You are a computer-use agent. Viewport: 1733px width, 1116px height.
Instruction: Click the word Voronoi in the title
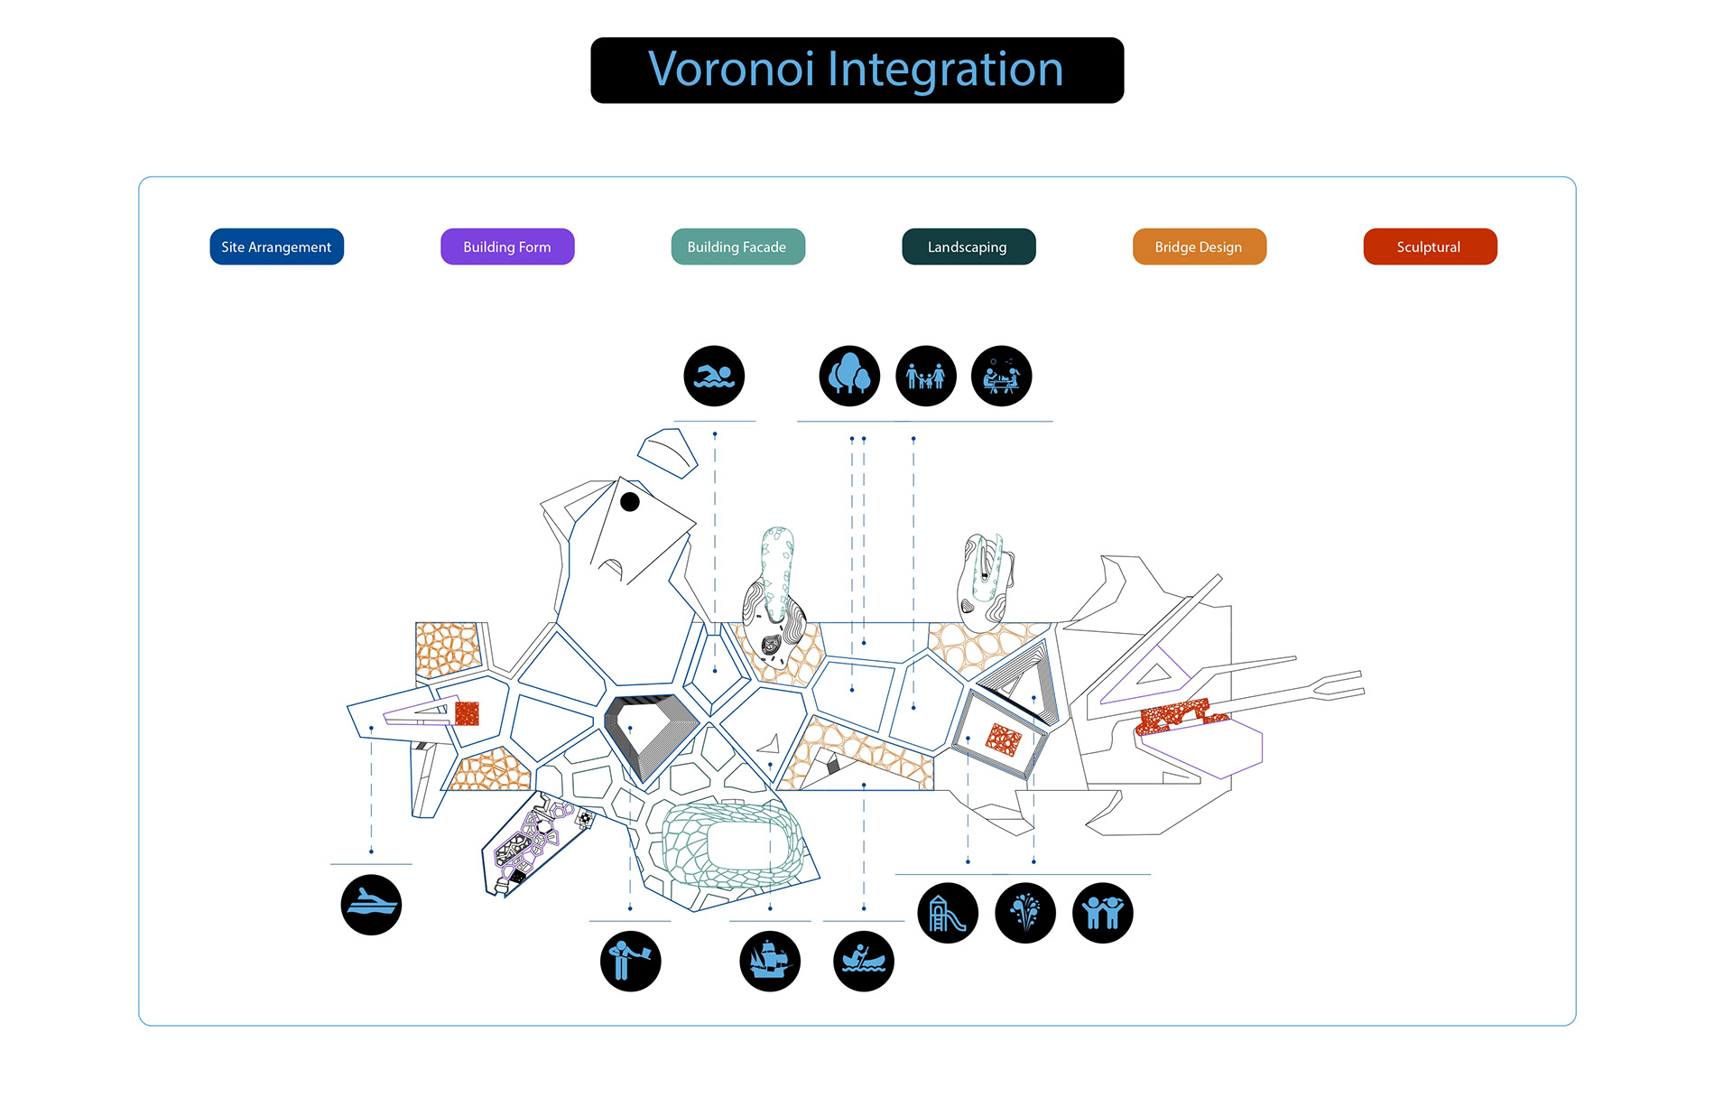tap(731, 70)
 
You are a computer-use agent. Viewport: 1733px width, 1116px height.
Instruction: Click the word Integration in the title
tap(945, 70)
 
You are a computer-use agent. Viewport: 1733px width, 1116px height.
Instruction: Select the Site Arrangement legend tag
tap(276, 246)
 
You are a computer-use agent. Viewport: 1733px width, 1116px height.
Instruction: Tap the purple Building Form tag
tap(507, 246)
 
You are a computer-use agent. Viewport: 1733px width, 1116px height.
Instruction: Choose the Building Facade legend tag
tap(737, 246)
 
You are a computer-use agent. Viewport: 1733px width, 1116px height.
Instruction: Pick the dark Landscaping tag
tap(968, 246)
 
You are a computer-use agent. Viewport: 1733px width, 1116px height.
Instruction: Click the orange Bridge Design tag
tap(1199, 246)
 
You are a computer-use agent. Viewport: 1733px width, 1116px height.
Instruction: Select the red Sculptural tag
tap(1430, 246)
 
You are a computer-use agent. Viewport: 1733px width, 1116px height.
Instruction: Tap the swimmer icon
tap(714, 376)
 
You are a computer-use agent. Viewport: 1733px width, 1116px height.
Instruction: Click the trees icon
tap(849, 376)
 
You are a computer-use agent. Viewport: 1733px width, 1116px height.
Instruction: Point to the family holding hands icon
tap(925, 376)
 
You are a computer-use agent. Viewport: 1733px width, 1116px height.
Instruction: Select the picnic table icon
tap(1001, 376)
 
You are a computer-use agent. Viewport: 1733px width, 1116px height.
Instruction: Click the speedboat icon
tap(371, 905)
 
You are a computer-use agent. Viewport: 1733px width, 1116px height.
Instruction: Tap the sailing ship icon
tap(770, 961)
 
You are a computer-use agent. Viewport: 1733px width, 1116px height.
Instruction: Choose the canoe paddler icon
tap(864, 961)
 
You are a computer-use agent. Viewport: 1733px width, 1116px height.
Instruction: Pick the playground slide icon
tap(948, 913)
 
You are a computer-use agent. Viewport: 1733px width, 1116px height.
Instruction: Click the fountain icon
tap(1024, 913)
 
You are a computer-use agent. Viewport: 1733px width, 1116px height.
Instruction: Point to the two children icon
tap(1102, 913)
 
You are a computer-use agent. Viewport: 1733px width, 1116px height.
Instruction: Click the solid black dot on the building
tap(630, 502)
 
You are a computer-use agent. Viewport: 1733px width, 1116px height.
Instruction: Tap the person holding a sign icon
tap(630, 961)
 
